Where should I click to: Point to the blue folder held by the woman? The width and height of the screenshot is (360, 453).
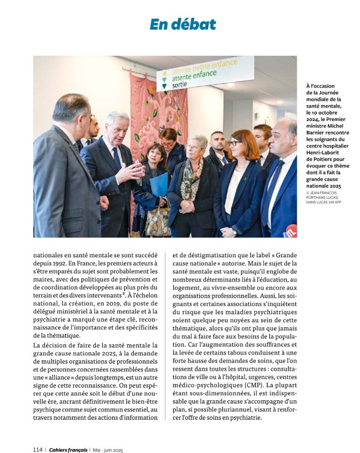click(x=159, y=184)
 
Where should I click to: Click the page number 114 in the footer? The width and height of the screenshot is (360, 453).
click(x=38, y=449)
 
